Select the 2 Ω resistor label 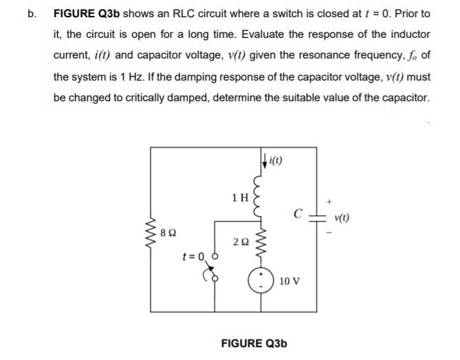(241, 242)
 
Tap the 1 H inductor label (240, 198)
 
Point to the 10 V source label (289, 282)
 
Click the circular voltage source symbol (262, 282)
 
